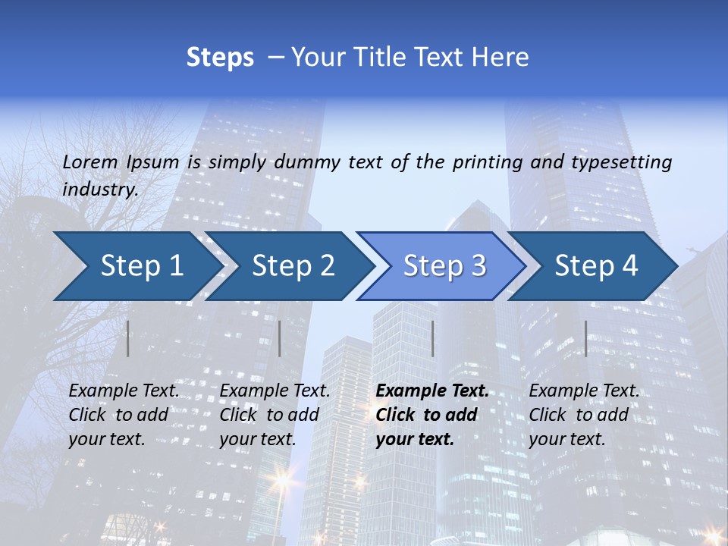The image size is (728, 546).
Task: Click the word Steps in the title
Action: click(x=220, y=58)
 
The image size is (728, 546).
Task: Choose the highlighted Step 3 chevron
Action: click(x=444, y=265)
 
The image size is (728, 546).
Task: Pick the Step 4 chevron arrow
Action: click(x=596, y=265)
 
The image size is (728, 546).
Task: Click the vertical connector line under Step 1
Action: click(x=128, y=338)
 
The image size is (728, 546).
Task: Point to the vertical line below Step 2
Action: click(x=280, y=338)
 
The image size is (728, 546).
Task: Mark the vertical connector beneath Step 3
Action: click(x=432, y=338)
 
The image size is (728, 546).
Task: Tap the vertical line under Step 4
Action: click(x=585, y=338)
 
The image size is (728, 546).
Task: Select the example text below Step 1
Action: click(x=124, y=415)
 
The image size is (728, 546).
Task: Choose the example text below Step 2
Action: click(x=275, y=415)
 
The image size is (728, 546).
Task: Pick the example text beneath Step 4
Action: click(x=584, y=415)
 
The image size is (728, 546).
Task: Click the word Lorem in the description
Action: click(x=90, y=162)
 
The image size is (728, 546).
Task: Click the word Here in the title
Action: click(x=504, y=58)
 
